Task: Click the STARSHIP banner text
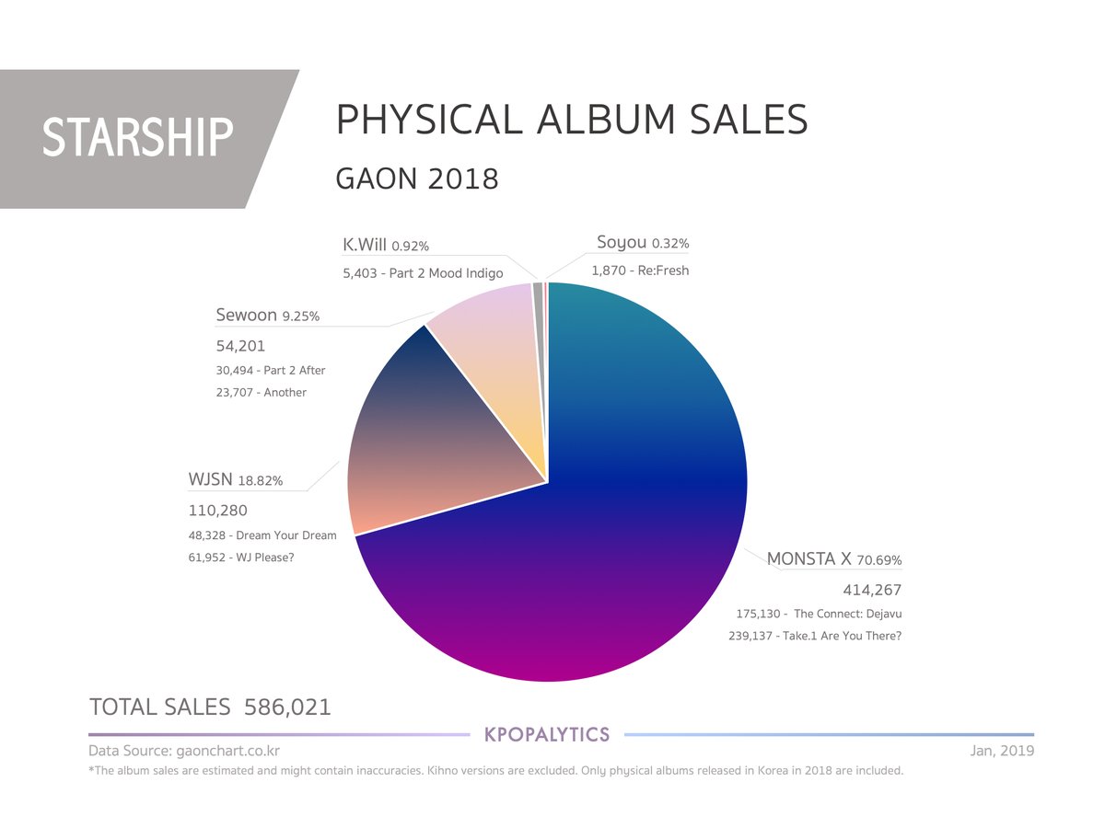(137, 137)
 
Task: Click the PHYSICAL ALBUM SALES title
(572, 120)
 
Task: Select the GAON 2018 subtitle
(417, 178)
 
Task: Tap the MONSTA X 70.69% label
(834, 558)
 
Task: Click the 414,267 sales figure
(872, 590)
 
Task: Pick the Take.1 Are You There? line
(815, 636)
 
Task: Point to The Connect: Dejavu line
(819, 614)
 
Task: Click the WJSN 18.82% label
(236, 479)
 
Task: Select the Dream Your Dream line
(262, 535)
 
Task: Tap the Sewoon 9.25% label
(268, 316)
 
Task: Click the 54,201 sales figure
(240, 346)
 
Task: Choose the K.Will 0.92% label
(386, 246)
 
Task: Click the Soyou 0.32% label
(643, 242)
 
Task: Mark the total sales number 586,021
(287, 707)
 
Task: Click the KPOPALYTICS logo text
(547, 735)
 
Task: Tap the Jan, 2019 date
(1002, 751)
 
